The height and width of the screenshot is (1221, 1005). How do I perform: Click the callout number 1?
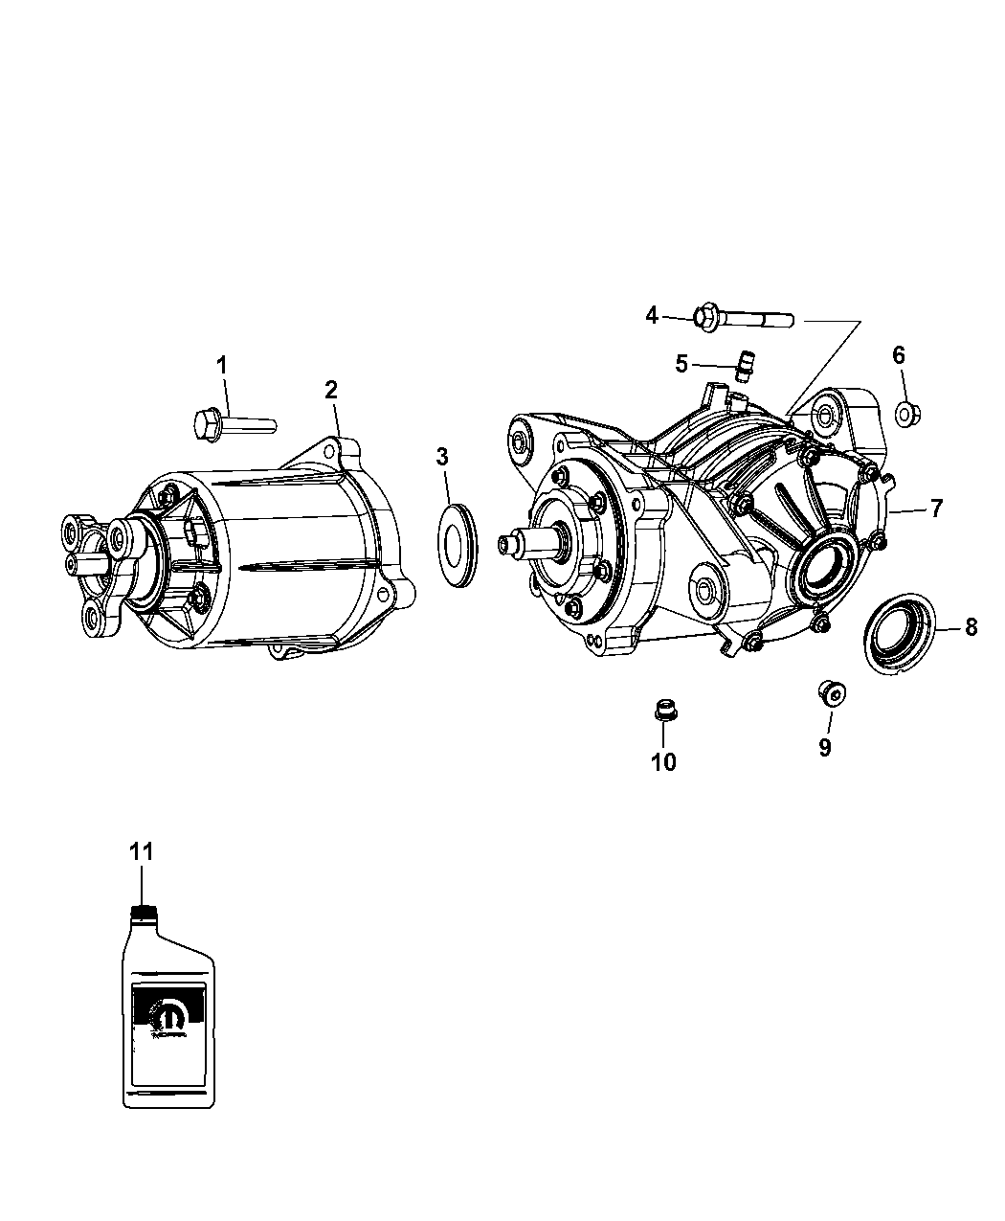coord(222,365)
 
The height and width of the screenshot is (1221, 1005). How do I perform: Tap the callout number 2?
coord(330,389)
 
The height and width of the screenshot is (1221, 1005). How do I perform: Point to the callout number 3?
coord(442,457)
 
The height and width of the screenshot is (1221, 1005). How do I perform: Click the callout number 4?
coord(652,314)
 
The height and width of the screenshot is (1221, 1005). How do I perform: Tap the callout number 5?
coord(681,364)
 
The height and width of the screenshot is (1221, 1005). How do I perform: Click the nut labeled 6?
coord(904,414)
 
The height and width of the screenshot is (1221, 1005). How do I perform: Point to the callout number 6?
coord(899,354)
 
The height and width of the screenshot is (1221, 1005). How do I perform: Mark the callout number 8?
coord(971,627)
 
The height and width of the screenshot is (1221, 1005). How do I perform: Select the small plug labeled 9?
coord(830,691)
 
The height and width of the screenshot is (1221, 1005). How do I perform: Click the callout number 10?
coord(663,761)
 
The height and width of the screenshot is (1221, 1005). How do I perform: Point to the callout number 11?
coord(142,851)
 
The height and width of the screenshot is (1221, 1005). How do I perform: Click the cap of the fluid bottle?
coord(142,912)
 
